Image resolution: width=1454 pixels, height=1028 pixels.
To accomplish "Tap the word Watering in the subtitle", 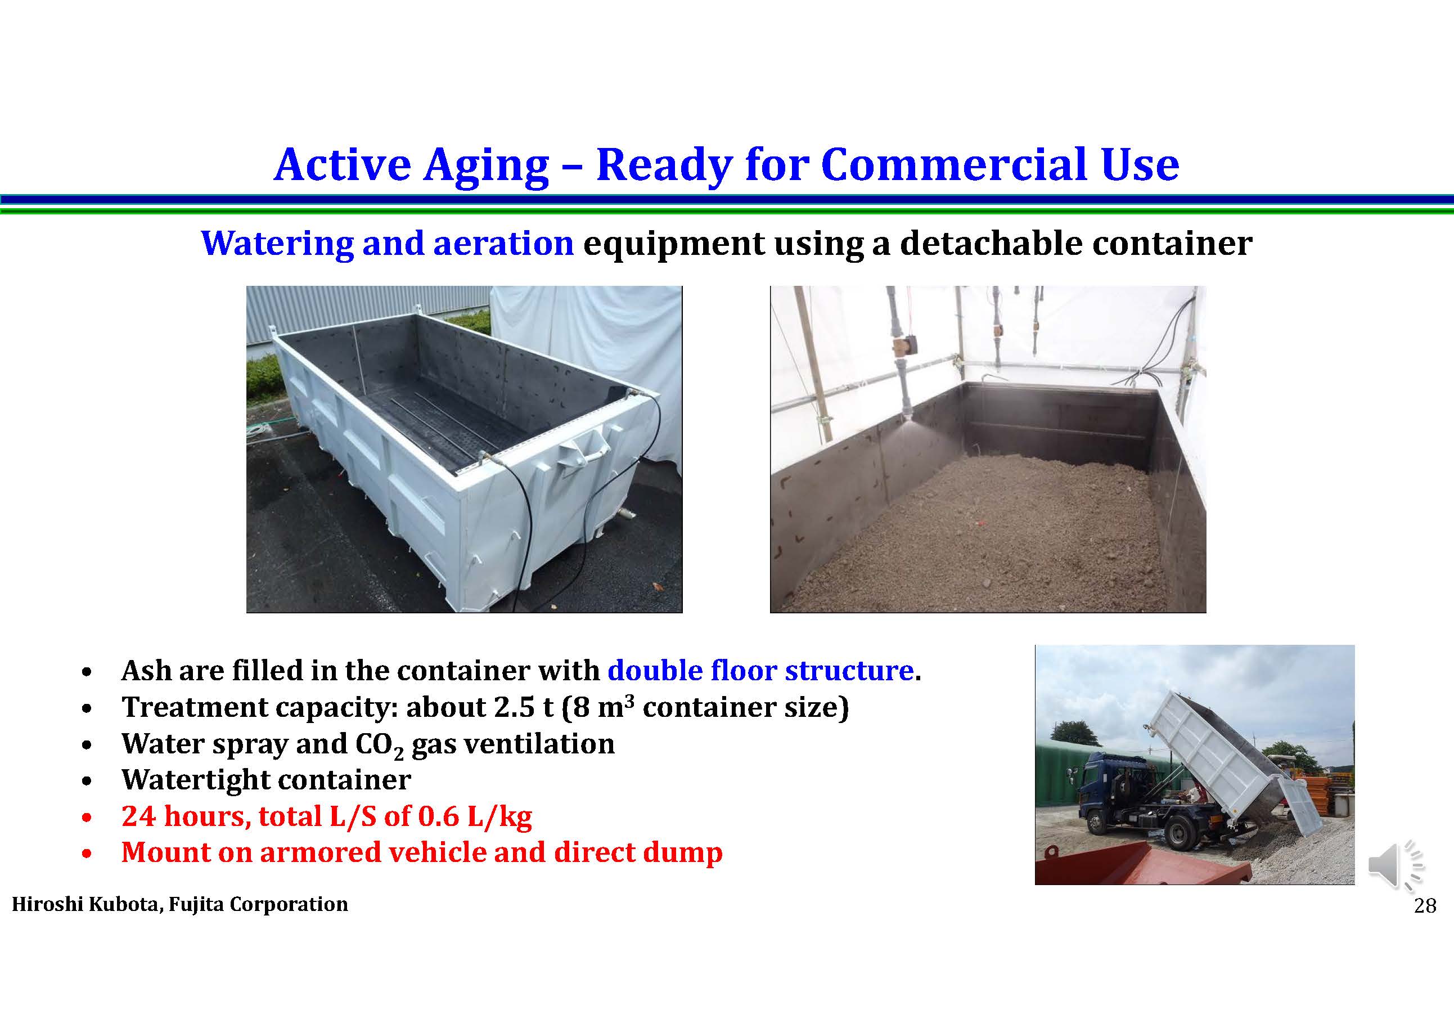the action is [276, 244].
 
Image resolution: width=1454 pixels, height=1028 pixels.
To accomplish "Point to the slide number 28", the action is [1425, 906].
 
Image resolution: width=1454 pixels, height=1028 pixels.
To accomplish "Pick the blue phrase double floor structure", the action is [760, 670].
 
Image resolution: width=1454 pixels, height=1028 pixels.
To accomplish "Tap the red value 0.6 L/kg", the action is [475, 816].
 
